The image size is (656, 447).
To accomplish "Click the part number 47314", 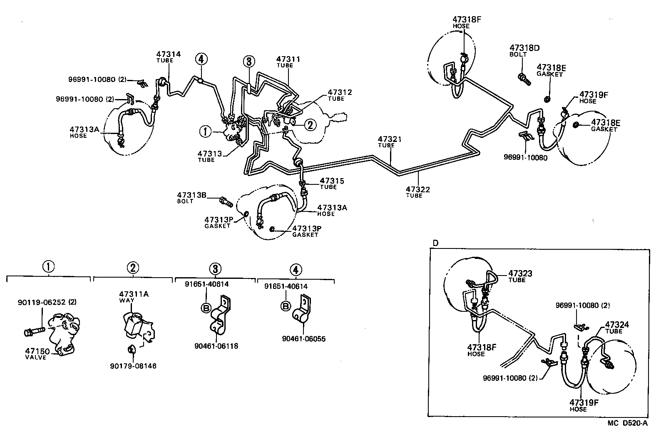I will pyautogui.click(x=169, y=54).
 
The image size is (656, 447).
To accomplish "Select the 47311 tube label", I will pyautogui.click(x=288, y=60).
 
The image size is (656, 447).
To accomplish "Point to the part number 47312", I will pyautogui.click(x=340, y=92).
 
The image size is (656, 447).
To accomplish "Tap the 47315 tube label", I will pyautogui.click(x=332, y=181).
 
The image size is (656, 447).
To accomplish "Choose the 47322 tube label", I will pyautogui.click(x=418, y=189).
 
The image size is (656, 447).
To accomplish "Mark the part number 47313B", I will pyautogui.click(x=192, y=195).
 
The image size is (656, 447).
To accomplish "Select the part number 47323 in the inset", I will pyautogui.click(x=520, y=273).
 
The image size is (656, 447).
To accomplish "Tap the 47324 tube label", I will pyautogui.click(x=617, y=325).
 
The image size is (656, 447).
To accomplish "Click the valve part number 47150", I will pyautogui.click(x=35, y=351).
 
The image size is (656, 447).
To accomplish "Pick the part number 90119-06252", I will pyautogui.click(x=41, y=302).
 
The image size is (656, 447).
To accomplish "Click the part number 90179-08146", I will pyautogui.click(x=133, y=366).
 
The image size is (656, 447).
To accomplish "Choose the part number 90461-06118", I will pyautogui.click(x=216, y=346).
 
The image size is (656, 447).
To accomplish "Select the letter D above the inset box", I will pyautogui.click(x=435, y=243).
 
